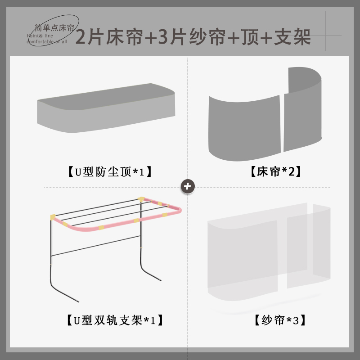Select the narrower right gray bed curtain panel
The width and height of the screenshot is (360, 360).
[x=302, y=110]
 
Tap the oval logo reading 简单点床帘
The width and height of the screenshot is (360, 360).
[x=53, y=28]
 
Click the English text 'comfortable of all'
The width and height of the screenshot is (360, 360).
[x=47, y=41]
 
